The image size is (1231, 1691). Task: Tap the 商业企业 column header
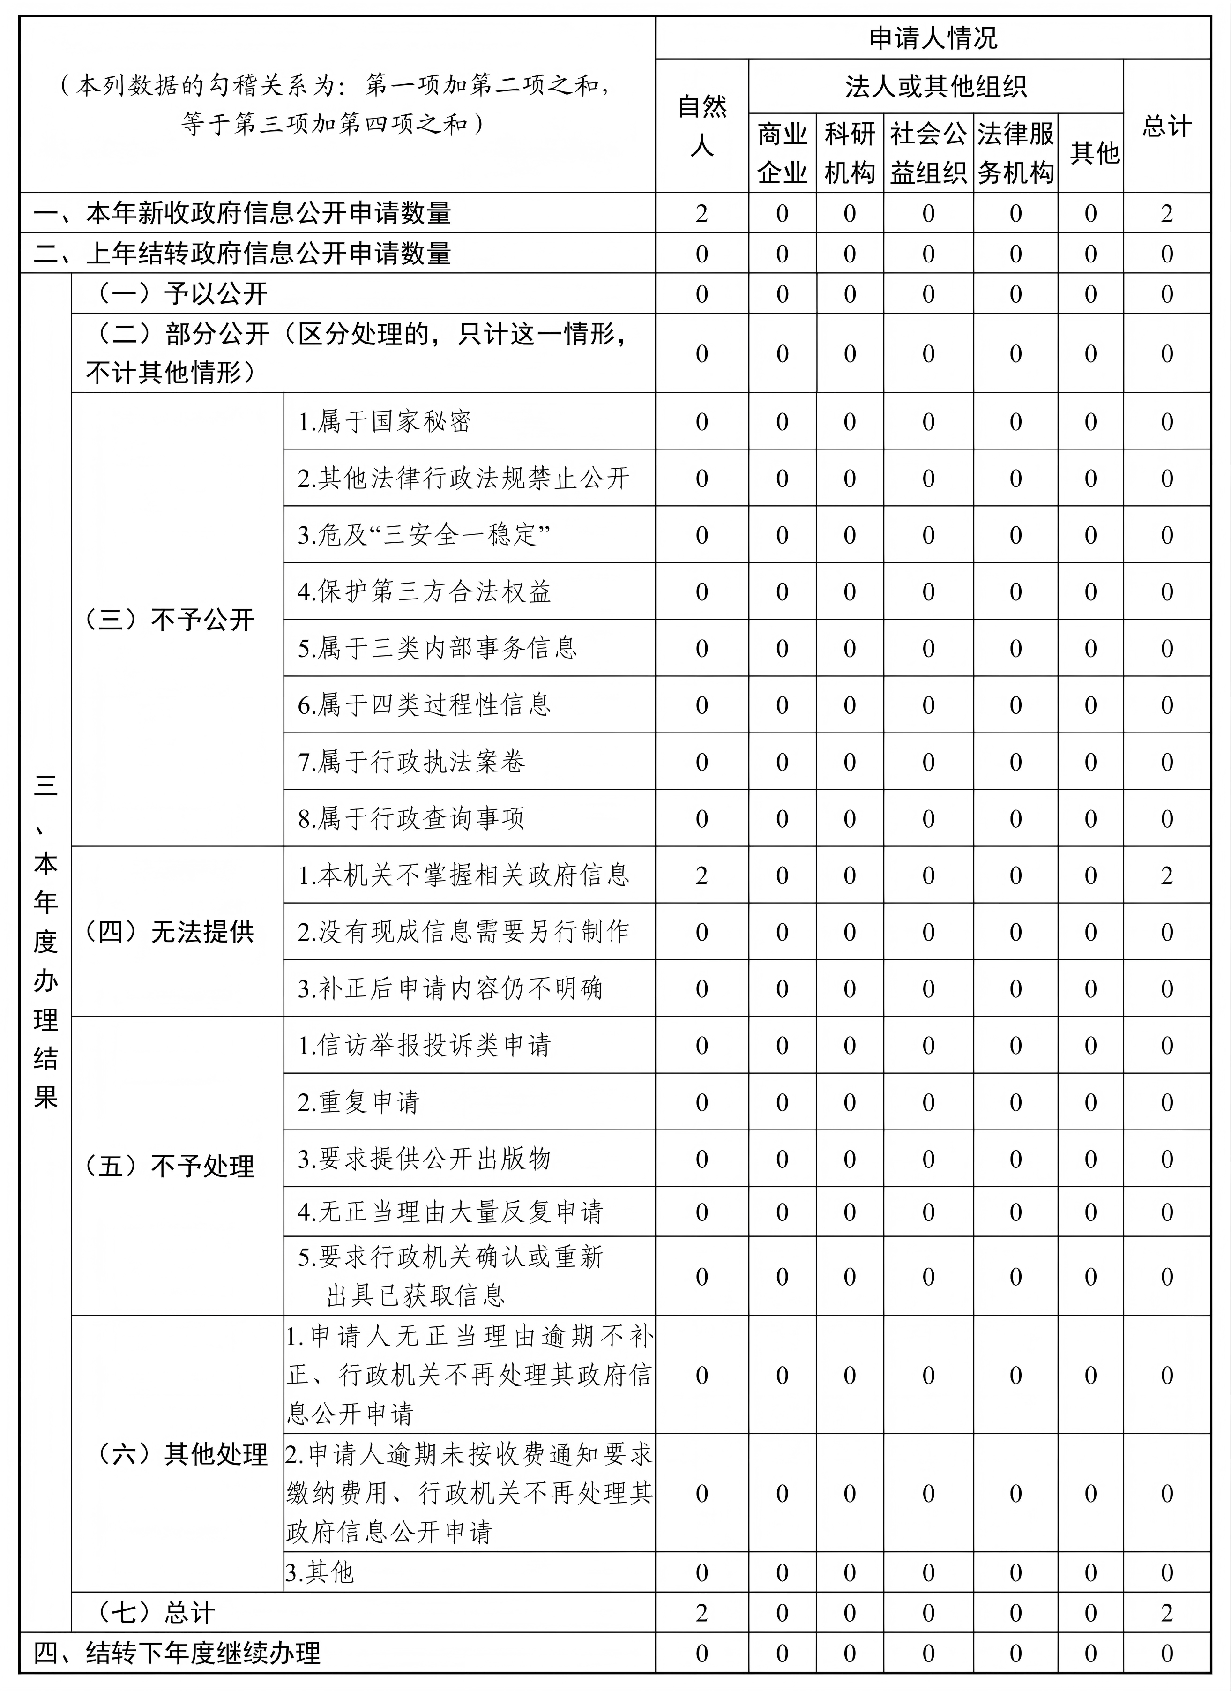click(x=782, y=153)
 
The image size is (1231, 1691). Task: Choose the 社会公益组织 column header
click(x=928, y=153)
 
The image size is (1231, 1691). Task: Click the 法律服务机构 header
click(x=1015, y=153)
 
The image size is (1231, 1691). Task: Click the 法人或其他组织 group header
click(x=936, y=87)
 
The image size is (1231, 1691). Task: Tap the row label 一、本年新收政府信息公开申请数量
click(x=242, y=213)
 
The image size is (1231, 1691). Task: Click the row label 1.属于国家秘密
click(x=385, y=422)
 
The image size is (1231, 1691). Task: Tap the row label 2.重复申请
click(x=358, y=1102)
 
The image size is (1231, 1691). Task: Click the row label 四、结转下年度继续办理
click(x=178, y=1653)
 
